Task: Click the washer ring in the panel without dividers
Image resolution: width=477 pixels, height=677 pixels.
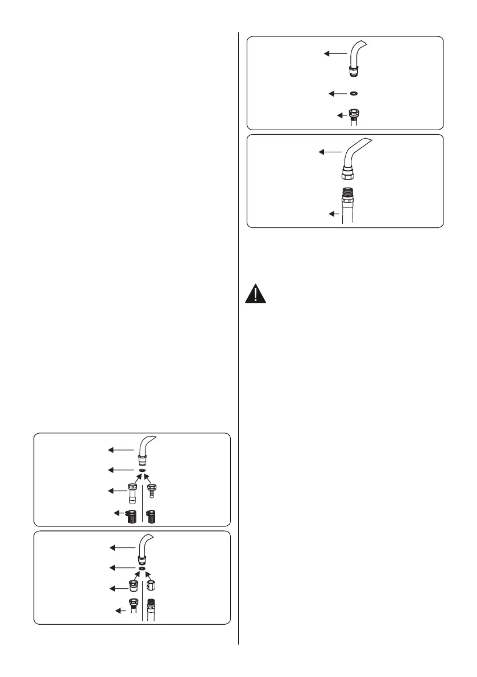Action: coord(354,93)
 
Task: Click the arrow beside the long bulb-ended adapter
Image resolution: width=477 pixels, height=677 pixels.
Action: coord(116,490)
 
